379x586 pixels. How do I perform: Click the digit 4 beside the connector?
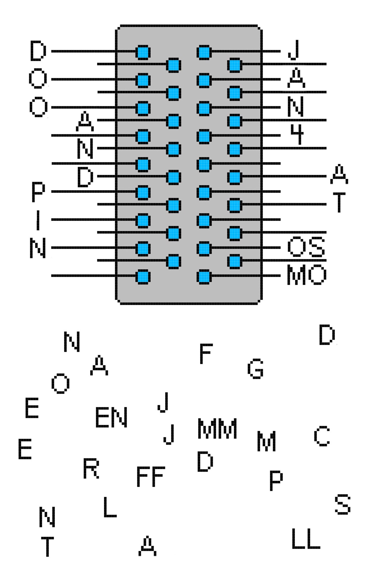tap(297, 134)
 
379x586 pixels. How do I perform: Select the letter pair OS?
tap(306, 247)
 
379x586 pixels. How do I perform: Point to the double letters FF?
tap(151, 476)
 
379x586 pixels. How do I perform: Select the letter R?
tap(91, 468)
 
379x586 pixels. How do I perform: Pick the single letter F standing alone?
tap(206, 354)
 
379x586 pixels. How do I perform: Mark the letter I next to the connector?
tap(38, 220)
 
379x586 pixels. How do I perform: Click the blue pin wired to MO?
tap(204, 277)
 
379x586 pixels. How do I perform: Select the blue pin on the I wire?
tap(143, 220)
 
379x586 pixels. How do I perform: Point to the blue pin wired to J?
tap(204, 52)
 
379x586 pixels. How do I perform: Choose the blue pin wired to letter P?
tap(143, 192)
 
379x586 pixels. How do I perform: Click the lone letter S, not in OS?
tap(343, 504)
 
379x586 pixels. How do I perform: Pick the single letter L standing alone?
tap(110, 507)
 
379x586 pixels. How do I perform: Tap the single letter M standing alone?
tap(266, 441)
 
